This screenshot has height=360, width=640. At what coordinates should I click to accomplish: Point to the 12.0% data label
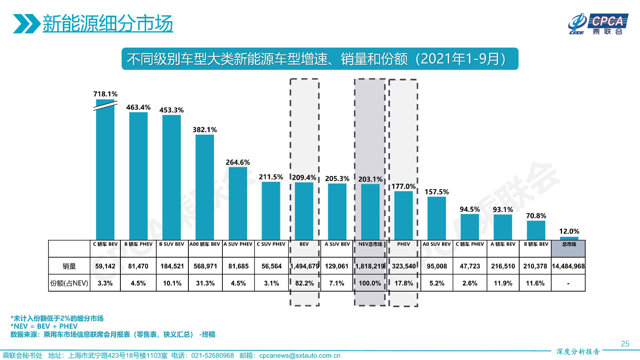pyautogui.click(x=569, y=232)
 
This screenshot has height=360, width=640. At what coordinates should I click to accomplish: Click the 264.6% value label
pyautogui.click(x=238, y=162)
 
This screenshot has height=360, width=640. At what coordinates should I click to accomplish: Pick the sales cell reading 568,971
pyautogui.click(x=205, y=266)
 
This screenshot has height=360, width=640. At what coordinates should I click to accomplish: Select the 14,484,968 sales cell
pyautogui.click(x=568, y=266)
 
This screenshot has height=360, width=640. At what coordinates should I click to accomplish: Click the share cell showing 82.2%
pyautogui.click(x=304, y=283)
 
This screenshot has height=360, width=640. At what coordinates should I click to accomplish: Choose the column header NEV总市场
pyautogui.click(x=370, y=244)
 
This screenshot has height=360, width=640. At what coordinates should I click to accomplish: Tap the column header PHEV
pyautogui.click(x=403, y=244)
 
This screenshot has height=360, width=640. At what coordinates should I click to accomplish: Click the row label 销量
pyautogui.click(x=69, y=266)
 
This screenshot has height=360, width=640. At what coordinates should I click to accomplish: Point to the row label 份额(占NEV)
pyautogui.click(x=69, y=283)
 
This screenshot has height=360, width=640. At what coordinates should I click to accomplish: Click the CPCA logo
pyautogui.click(x=598, y=24)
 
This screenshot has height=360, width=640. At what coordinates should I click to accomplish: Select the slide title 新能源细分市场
pyautogui.click(x=108, y=24)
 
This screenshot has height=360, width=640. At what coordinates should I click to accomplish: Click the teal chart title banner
pyautogui.click(x=320, y=59)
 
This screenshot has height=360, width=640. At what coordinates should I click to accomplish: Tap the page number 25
pyautogui.click(x=625, y=344)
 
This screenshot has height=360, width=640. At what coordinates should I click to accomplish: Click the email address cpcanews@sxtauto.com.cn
pyautogui.click(x=300, y=356)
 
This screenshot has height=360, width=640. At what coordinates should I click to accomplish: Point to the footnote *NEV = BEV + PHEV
pyautogui.click(x=44, y=326)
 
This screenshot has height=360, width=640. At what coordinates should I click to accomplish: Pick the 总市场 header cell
pyautogui.click(x=568, y=244)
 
